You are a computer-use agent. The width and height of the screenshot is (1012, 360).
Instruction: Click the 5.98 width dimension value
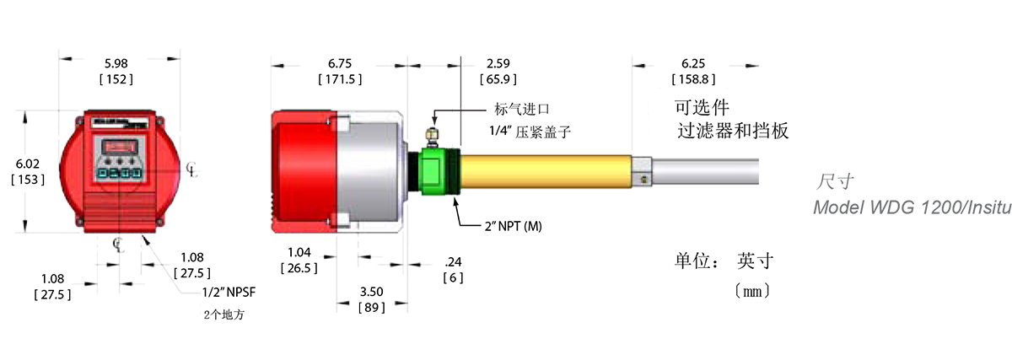[x=118, y=63]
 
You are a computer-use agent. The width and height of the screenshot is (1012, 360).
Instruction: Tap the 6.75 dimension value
[x=339, y=63]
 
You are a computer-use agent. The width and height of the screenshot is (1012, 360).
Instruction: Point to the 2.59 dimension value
[x=499, y=63]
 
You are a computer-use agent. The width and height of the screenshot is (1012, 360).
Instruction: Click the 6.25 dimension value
[x=693, y=63]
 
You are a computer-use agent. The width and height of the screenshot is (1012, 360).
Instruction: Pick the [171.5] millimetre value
[x=339, y=79]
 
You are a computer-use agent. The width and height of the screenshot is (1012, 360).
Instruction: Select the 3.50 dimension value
[x=371, y=292]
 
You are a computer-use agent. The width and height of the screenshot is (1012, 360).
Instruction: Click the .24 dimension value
[x=453, y=262]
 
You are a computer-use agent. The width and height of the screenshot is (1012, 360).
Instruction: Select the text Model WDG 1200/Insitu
[x=911, y=208]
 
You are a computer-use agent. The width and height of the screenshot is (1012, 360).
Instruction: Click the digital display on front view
[x=119, y=146]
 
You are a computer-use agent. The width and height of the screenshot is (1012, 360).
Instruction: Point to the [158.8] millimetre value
[x=693, y=79]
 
